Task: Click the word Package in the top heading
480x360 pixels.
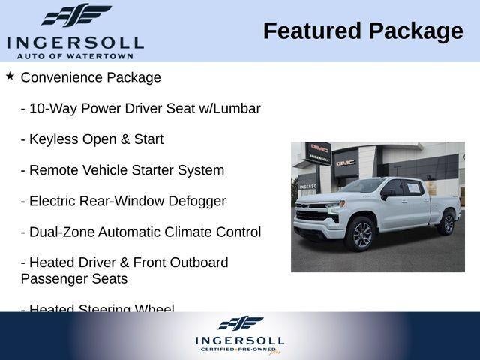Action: (415, 31)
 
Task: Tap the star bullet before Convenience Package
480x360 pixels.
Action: (10, 76)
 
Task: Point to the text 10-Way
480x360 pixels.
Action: (50, 108)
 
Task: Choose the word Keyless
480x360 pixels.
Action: (52, 139)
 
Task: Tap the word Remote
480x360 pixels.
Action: (53, 170)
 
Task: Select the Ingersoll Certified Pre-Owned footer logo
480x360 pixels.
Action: (240, 334)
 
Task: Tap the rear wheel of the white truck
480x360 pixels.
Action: (446, 223)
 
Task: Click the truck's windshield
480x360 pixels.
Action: (364, 185)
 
